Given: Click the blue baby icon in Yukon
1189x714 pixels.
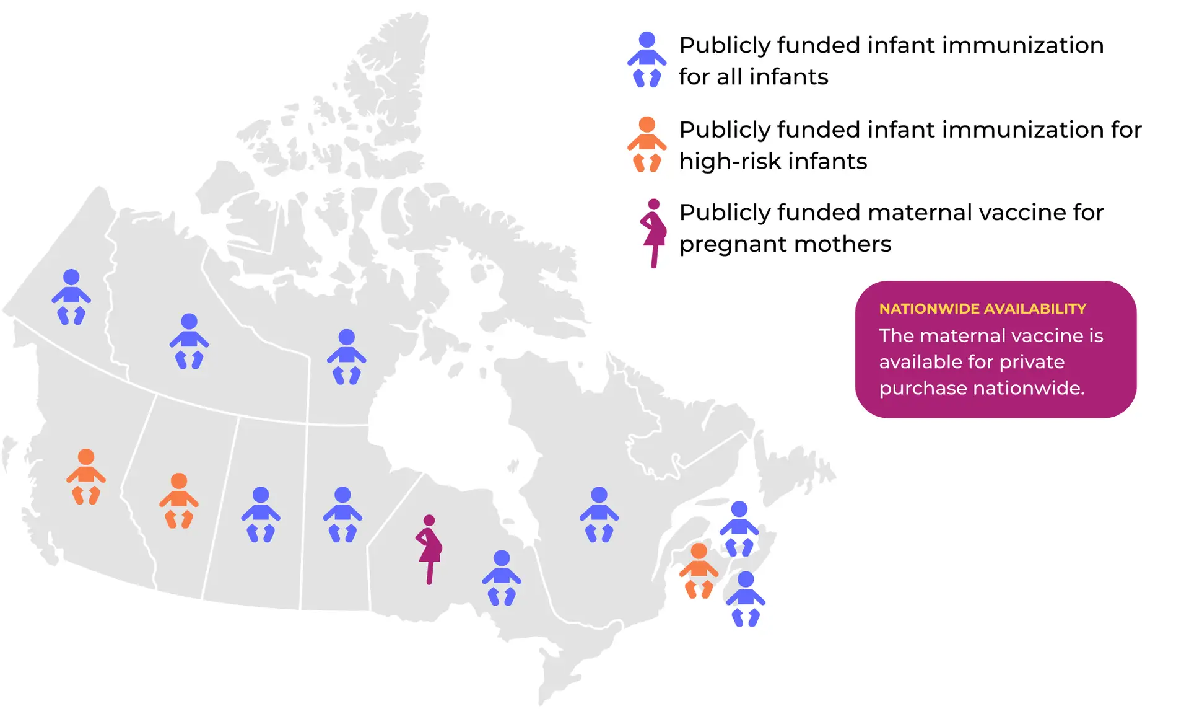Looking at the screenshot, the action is (71, 296).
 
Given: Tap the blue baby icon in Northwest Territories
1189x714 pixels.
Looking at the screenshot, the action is (189, 341).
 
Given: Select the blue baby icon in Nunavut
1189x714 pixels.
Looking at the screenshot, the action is (347, 356).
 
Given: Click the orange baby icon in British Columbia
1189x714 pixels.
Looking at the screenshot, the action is (86, 476).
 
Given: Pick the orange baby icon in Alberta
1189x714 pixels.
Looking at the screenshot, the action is (179, 500).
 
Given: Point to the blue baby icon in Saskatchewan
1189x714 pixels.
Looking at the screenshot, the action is (261, 514).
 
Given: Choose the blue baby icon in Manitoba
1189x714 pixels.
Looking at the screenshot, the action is (342, 514).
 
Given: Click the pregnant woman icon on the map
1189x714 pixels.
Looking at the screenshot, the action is (429, 549).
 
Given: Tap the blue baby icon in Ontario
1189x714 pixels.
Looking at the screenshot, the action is (502, 578).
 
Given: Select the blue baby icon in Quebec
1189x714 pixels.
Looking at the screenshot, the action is (599, 514).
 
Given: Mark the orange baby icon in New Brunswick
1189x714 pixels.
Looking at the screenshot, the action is (699, 570).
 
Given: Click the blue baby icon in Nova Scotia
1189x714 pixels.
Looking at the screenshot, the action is (746, 599).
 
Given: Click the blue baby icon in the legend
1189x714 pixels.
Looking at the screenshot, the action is (647, 59).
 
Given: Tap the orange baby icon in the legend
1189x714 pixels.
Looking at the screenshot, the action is (647, 144).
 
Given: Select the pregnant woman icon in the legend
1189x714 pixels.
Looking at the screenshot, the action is (653, 233).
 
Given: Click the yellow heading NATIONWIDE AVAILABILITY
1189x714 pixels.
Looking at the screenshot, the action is (983, 309).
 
